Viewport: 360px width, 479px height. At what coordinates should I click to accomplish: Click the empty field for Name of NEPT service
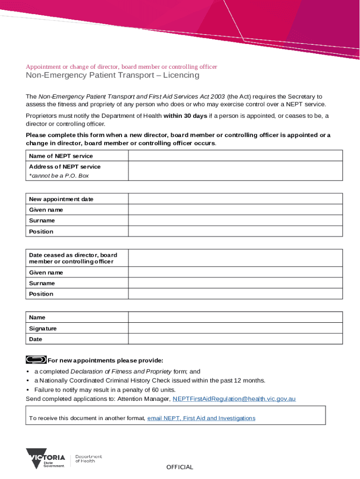[x=235, y=156]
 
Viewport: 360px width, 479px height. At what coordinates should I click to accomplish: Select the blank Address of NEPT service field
[x=235, y=171]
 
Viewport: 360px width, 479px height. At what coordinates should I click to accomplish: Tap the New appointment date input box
[x=235, y=199]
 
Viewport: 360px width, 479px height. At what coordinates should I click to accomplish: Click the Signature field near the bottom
[x=235, y=328]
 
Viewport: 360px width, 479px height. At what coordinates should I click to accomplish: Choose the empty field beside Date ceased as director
[x=235, y=258]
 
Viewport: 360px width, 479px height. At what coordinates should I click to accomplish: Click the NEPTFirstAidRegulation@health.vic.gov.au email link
[x=234, y=399]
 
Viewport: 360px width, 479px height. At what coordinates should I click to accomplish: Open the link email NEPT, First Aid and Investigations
[x=201, y=418]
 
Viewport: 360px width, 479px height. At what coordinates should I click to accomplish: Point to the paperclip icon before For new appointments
[x=36, y=360]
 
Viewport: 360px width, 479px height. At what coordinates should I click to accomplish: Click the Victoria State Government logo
[x=45, y=458]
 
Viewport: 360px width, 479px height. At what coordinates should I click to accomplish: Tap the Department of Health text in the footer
[x=88, y=458]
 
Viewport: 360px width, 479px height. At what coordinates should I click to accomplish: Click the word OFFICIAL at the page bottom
[x=180, y=467]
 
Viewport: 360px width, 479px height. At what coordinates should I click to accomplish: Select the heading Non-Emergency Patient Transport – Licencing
[x=112, y=75]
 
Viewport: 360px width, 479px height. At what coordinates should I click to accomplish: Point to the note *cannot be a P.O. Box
[x=58, y=176]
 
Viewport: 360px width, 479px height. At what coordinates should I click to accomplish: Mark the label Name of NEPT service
[x=61, y=156]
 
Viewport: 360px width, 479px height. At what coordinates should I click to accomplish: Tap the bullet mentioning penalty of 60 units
[x=105, y=390]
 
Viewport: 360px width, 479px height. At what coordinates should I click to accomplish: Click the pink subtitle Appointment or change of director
[x=121, y=66]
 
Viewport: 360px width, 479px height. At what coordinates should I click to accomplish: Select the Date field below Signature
[x=235, y=339]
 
